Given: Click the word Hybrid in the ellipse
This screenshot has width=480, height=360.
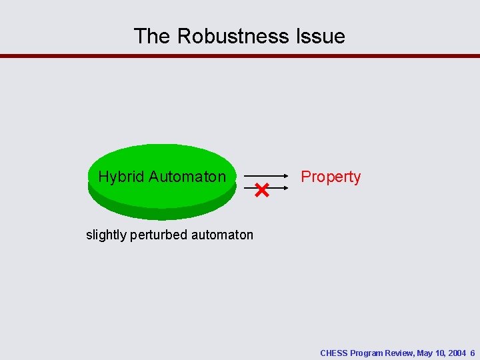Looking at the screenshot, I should coord(121,177).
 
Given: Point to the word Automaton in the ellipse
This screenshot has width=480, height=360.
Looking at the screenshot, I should coord(187,177).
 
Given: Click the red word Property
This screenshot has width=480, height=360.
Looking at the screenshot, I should coord(331,177).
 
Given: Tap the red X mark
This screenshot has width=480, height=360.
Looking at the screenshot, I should coord(261,191).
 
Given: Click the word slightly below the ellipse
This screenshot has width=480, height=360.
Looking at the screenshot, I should coord(105,235).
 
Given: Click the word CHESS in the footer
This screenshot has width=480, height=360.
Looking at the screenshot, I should coord(334,353).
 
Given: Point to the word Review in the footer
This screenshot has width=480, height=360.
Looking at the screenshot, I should coord(400,353).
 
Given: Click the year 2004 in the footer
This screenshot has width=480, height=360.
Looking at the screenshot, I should coord(457,353).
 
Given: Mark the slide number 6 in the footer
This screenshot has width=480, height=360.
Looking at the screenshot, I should coord(472,353).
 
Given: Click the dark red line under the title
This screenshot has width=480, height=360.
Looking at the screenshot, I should coord(240,56).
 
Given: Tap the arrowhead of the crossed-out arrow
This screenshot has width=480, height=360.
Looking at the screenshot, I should coord(286,189).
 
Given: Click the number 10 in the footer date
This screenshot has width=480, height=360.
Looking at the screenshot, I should coord(440,353).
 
